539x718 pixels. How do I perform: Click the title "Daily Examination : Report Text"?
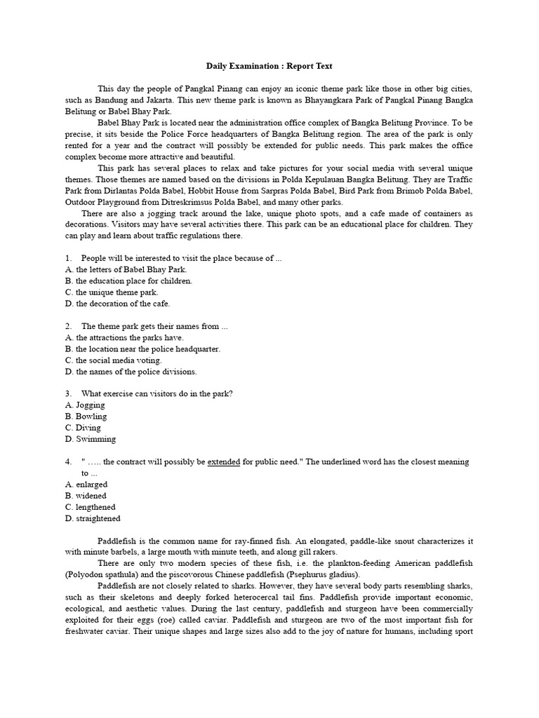pyautogui.click(x=269, y=66)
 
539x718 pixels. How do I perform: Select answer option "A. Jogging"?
pyautogui.click(x=85, y=405)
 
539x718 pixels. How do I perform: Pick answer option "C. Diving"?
pyautogui.click(x=83, y=428)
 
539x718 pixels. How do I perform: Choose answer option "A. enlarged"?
pyautogui.click(x=86, y=485)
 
